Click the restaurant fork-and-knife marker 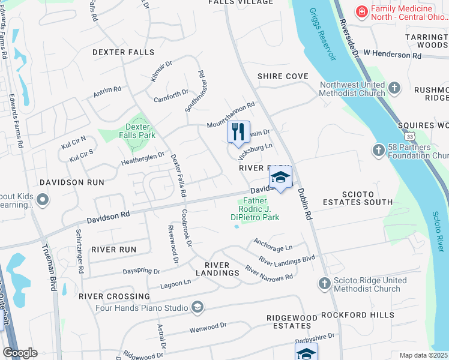238,131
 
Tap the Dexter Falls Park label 140,131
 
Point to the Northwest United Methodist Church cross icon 394,89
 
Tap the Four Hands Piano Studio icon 196,308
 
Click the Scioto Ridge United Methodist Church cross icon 324,283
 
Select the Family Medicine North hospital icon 362,11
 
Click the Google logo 20,353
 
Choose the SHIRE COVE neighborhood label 283,77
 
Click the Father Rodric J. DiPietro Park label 255,210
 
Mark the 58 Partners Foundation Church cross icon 378,149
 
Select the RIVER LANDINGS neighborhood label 221,269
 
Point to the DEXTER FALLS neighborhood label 124,52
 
